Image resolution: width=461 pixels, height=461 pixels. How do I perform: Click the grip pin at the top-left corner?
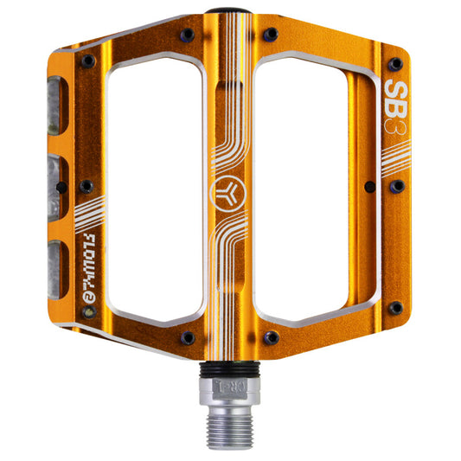click(x=87, y=62)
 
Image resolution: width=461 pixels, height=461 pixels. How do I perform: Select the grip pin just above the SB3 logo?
click(x=394, y=64)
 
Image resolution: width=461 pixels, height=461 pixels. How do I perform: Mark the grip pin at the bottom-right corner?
click(x=394, y=308)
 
